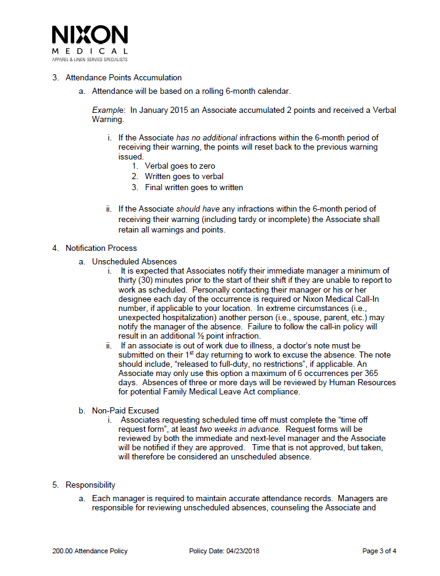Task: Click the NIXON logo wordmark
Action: [90, 36]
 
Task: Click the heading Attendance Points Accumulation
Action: [123, 78]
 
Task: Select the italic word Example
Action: [106, 110]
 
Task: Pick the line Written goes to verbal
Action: [184, 177]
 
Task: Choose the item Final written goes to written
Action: [194, 187]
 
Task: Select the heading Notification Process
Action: [101, 248]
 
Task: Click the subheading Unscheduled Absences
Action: [134, 261]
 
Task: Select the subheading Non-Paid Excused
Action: [125, 410]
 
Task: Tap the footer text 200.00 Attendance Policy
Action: [90, 551]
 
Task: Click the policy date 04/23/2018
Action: [241, 551]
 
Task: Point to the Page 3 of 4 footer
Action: [379, 551]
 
